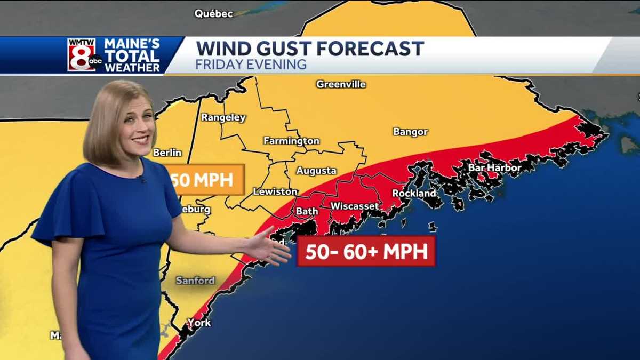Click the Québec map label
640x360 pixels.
point(213,14)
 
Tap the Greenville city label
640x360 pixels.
point(341,84)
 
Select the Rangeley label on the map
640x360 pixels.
point(223,118)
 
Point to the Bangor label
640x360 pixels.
point(410,132)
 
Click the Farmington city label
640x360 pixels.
point(291,141)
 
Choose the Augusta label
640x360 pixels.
point(316,171)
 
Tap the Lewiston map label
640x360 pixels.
point(275,191)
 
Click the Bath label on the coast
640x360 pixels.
point(307,211)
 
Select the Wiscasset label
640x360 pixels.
point(355,206)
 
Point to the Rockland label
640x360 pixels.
point(414,194)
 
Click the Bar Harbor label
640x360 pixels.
point(494,168)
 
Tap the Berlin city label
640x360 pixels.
point(167,153)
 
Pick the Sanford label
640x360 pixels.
point(195,281)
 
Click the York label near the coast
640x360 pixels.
point(198,323)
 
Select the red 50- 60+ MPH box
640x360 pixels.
point(366,251)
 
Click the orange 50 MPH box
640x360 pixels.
point(206,180)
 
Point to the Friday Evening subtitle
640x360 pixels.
point(251,65)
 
